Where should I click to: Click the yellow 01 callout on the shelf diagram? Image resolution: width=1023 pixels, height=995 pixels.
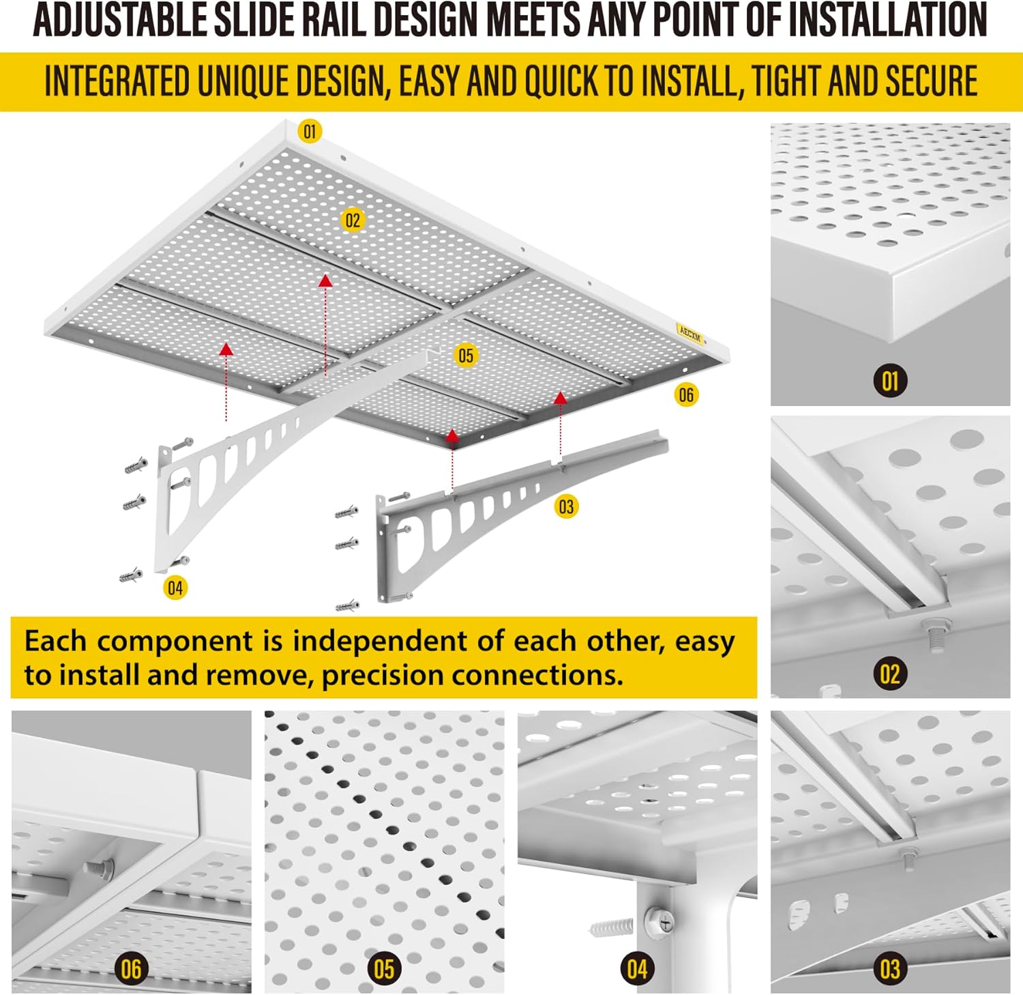(x=310, y=131)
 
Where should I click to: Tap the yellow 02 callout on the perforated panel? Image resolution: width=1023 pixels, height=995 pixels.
(x=352, y=220)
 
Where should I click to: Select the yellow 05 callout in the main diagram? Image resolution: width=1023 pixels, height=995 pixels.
(x=466, y=356)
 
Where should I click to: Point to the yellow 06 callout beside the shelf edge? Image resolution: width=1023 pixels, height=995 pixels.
(x=686, y=394)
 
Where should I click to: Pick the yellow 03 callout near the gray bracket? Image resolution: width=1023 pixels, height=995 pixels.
(x=566, y=506)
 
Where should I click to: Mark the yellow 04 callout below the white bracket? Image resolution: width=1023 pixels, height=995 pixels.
(x=175, y=588)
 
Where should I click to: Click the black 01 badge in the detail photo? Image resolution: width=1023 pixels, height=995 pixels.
(x=890, y=380)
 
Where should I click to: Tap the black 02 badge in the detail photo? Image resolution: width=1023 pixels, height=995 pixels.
(x=890, y=674)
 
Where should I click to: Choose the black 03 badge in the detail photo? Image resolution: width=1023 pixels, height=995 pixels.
(x=890, y=968)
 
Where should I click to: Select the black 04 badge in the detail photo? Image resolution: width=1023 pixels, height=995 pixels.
(x=637, y=968)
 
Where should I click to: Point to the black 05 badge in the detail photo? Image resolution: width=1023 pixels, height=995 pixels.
(x=384, y=968)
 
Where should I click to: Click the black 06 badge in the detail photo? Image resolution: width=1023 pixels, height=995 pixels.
(x=131, y=968)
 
